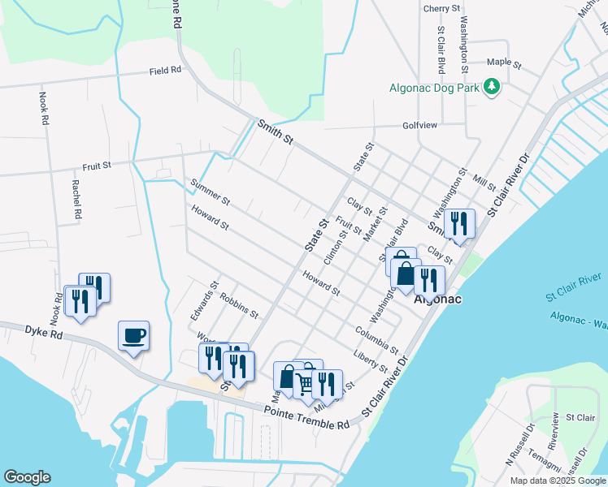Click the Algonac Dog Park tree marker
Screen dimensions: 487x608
pos(491,86)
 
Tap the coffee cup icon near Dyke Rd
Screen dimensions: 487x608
pos(133,334)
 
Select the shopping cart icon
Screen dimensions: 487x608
pos(305,383)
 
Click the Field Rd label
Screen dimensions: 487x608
pos(165,71)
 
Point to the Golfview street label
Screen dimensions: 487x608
pos(419,126)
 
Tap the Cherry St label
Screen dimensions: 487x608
pos(441,8)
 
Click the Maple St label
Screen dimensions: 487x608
pos(503,62)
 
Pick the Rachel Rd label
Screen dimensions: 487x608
pos(76,200)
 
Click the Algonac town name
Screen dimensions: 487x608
pos(438,300)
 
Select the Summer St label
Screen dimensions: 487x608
pos(210,192)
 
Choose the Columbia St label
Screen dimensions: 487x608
pos(376,338)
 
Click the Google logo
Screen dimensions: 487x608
pos(28,477)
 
